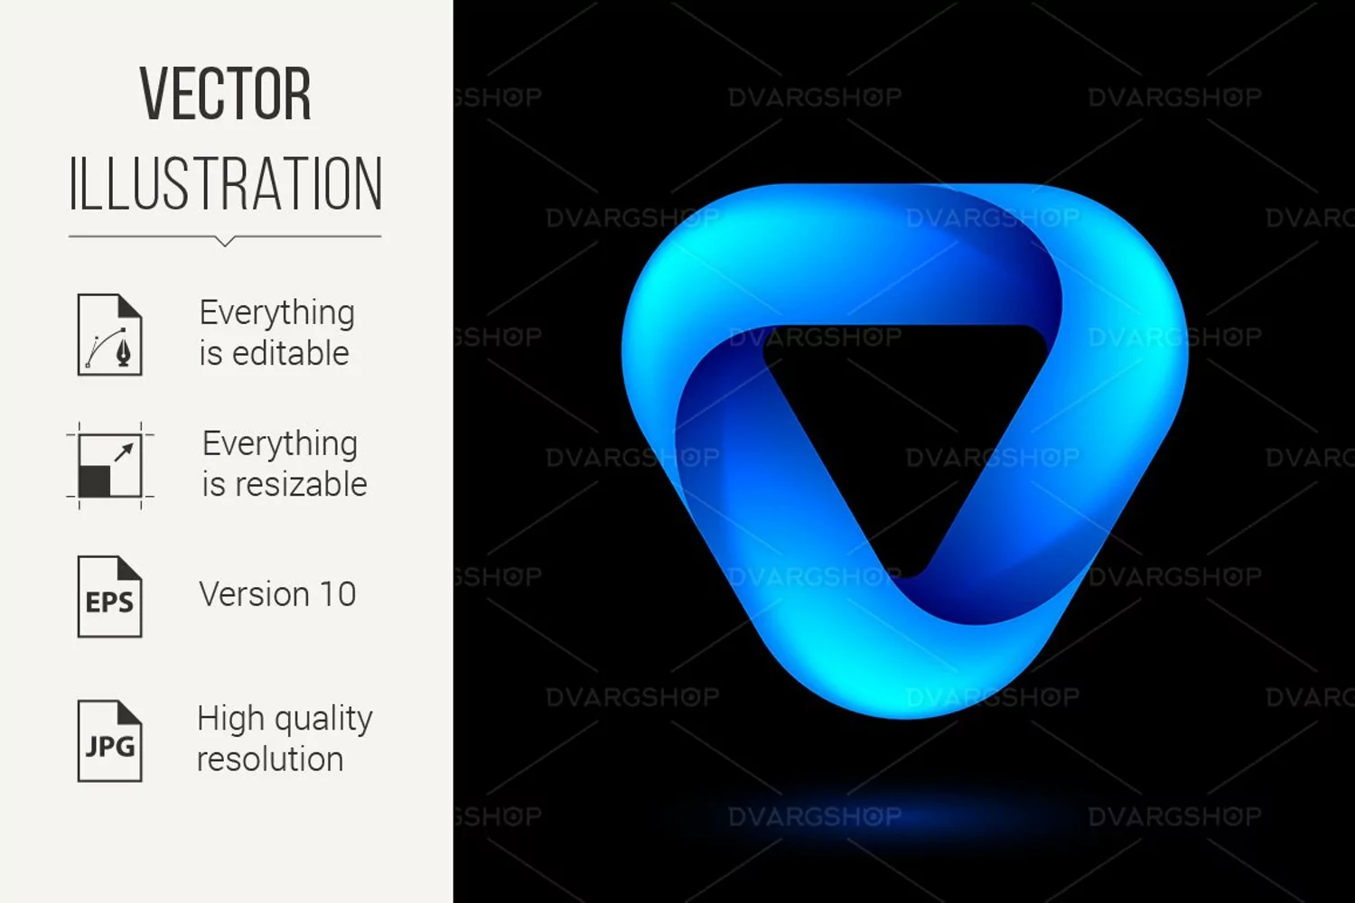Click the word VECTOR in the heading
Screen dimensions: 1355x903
226,94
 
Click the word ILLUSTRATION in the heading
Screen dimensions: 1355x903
226,184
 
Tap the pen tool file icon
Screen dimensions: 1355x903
109,334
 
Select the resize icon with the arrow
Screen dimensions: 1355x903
109,466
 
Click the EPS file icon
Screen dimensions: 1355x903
109,596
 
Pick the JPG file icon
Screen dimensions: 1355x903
109,740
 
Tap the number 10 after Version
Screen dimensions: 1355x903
338,594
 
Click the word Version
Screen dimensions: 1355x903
255,594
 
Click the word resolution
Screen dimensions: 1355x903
270,759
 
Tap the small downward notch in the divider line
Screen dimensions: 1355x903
224,241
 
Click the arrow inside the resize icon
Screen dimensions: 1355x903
124,451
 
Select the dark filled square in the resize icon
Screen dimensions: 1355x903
94,481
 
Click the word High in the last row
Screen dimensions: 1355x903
230,718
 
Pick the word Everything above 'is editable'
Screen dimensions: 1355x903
277,313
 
